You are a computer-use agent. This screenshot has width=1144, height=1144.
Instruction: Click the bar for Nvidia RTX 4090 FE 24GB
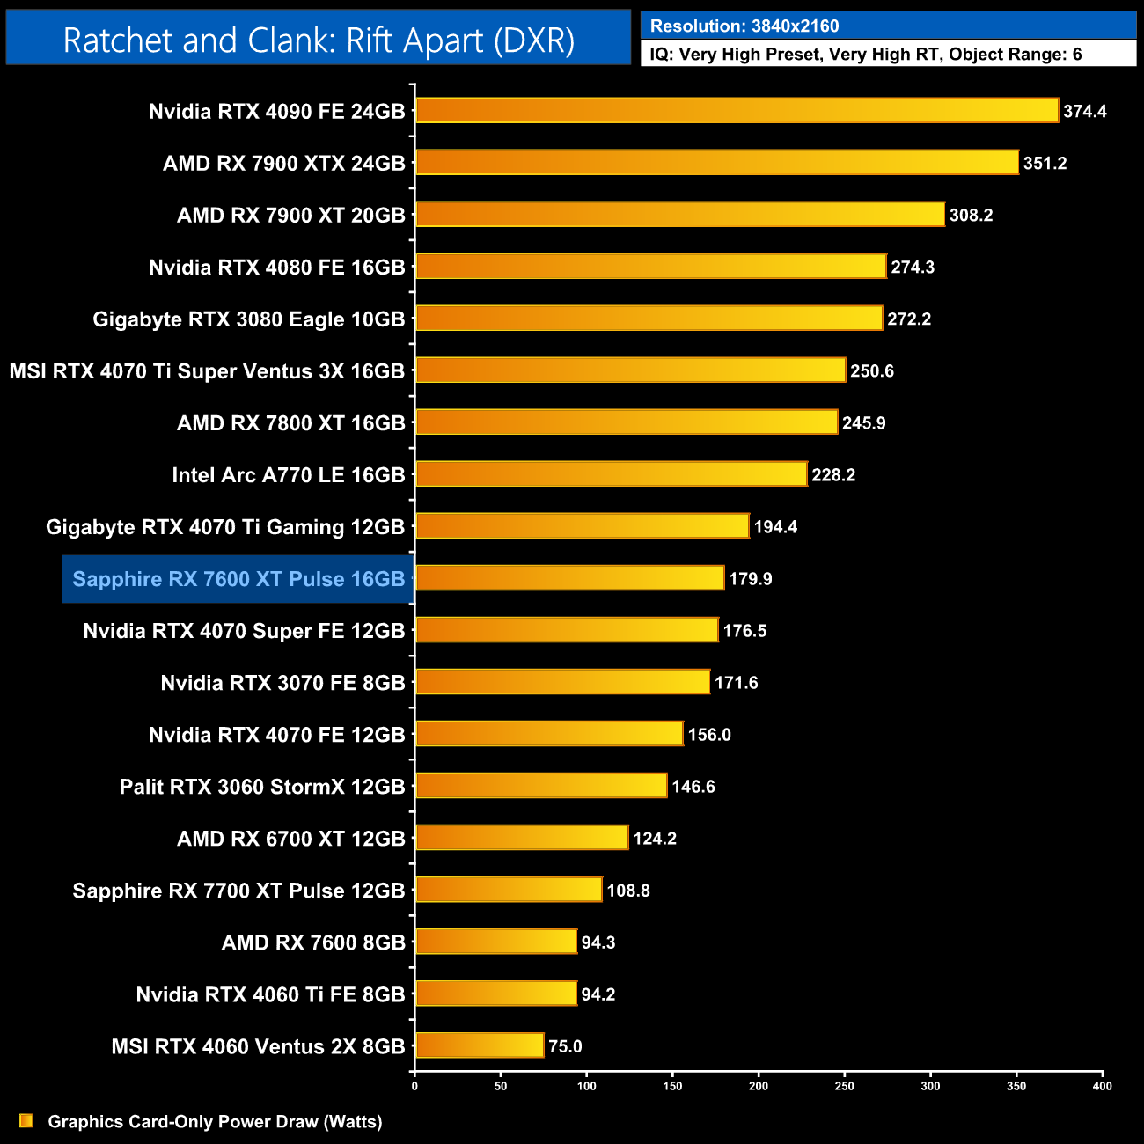click(737, 111)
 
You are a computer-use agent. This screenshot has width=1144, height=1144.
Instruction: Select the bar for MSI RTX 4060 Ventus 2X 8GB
click(480, 1045)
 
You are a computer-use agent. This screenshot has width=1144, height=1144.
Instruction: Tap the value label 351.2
click(1045, 164)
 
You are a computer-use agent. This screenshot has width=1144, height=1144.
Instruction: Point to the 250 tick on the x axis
click(844, 1086)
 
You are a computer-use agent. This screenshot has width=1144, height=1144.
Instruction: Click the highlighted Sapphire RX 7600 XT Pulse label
click(238, 579)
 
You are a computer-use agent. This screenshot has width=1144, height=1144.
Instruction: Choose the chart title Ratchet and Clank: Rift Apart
click(319, 40)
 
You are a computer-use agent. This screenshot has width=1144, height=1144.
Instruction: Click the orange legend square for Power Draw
click(26, 1120)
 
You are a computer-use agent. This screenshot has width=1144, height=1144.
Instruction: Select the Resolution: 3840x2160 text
click(744, 26)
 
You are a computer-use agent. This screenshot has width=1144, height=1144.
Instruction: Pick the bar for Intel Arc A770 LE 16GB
click(611, 474)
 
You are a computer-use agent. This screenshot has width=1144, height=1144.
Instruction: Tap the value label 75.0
click(565, 1046)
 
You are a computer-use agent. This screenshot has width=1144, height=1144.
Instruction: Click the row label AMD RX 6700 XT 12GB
click(291, 839)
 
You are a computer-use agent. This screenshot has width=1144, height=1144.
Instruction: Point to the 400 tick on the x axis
click(1102, 1086)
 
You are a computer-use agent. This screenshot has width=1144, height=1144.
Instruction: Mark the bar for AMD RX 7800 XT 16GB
click(627, 422)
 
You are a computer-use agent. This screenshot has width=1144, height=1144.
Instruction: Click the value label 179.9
click(751, 579)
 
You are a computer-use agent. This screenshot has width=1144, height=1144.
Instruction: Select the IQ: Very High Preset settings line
click(866, 55)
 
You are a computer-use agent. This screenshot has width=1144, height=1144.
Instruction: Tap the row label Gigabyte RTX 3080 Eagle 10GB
click(249, 319)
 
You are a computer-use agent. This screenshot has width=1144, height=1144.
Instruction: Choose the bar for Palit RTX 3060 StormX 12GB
click(541, 786)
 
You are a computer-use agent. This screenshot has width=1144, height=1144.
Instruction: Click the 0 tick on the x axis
click(414, 1086)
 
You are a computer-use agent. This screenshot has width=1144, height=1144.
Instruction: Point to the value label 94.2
click(598, 994)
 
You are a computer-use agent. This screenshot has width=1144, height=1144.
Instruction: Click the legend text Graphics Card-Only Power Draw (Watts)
click(215, 1121)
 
